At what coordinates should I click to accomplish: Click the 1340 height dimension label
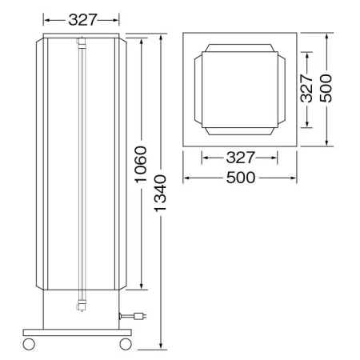pos(161,194)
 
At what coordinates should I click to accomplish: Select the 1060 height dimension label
pos(141,164)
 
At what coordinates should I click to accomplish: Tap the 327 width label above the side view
pos(82,20)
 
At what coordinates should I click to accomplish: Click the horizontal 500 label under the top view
pos(241,178)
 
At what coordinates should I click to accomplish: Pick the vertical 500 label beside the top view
pos(326,88)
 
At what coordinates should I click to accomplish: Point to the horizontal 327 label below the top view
pos(241,158)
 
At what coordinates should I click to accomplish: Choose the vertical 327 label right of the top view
pos(306,88)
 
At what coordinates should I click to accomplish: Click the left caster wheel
pos(29,344)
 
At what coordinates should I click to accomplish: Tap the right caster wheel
pos(126,344)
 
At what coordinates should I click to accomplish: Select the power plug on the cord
pos(140,316)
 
